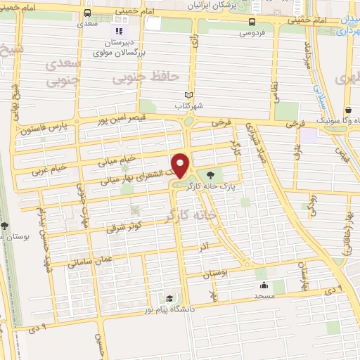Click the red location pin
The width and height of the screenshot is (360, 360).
tap(181, 165)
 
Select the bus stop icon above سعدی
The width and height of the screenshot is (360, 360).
tap(86, 13)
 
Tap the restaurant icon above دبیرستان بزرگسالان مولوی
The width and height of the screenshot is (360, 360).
tap(118, 31)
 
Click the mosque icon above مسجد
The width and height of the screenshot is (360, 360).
tap(264, 285)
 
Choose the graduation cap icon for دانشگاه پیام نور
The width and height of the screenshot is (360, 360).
tap(169, 298)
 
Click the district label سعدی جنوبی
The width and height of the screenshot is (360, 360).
tap(64, 72)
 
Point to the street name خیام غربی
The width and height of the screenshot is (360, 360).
tap(50, 168)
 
